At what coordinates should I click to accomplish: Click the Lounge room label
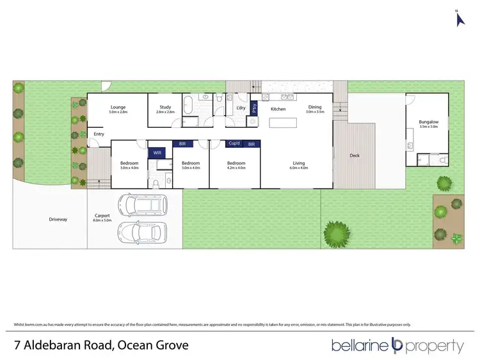click(118, 107)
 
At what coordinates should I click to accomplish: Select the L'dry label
click(241, 108)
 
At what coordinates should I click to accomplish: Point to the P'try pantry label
click(254, 108)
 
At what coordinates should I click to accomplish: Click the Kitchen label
click(278, 109)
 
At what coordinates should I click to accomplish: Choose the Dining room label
click(315, 107)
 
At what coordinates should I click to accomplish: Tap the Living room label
click(298, 163)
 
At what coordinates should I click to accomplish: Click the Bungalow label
click(428, 122)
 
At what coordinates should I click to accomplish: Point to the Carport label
click(102, 215)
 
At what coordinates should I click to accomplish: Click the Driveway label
click(58, 219)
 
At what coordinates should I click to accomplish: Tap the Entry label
click(99, 134)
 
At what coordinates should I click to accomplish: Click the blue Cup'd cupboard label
click(234, 144)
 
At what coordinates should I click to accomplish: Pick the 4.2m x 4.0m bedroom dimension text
click(236, 168)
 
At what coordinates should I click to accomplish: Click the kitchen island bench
click(284, 123)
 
